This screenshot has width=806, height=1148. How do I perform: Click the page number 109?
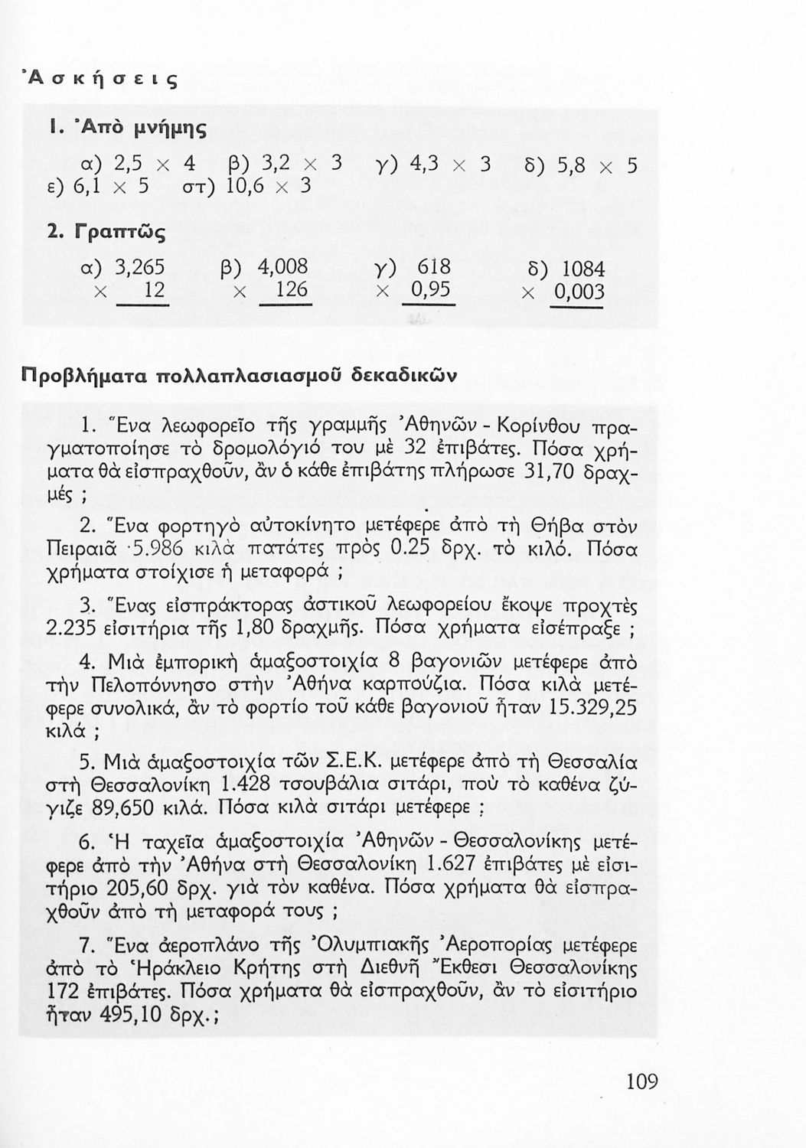(x=641, y=1081)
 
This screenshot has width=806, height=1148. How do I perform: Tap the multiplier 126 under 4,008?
(x=292, y=291)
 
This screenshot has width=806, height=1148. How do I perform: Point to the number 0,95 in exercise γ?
(x=429, y=291)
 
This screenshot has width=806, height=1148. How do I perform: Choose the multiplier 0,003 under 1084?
(x=578, y=292)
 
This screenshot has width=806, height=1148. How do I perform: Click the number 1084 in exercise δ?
(x=583, y=269)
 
